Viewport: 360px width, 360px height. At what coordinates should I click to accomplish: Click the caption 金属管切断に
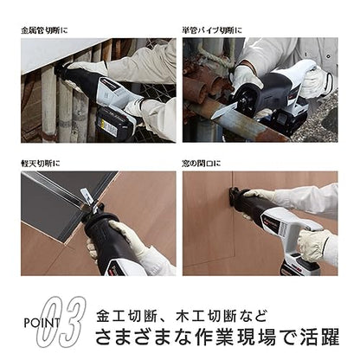coord(44,30)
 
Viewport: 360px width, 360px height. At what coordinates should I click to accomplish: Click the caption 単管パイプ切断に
coord(212,30)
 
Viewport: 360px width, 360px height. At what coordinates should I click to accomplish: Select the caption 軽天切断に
coord(41,164)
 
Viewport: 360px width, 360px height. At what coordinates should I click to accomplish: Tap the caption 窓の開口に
coord(202,164)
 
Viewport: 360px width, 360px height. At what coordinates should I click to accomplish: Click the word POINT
coord(42,323)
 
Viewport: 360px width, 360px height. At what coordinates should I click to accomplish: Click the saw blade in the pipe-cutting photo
coord(225,112)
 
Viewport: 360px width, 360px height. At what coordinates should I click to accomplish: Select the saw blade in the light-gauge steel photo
coord(87,196)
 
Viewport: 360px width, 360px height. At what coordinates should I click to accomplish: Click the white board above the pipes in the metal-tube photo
coord(58,54)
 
